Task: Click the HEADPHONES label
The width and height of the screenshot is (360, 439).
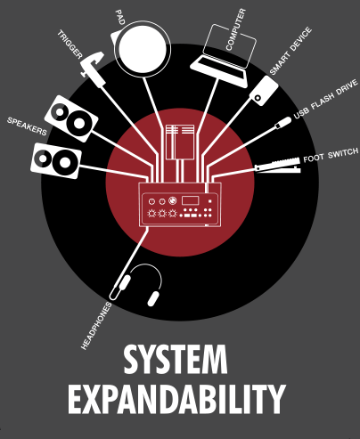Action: (96, 326)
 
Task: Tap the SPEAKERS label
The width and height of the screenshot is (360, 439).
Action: (27, 126)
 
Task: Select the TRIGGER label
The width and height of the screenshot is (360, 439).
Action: (70, 45)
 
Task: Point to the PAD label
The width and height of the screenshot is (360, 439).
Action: (120, 17)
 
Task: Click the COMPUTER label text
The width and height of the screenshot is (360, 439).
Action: (236, 29)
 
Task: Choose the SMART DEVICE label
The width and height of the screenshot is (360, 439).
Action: (290, 51)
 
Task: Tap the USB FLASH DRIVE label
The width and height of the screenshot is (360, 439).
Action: (326, 99)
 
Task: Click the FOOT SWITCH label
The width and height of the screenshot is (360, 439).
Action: (331, 155)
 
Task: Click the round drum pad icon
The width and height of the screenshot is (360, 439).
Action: (142, 49)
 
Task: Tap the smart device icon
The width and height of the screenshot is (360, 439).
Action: (264, 91)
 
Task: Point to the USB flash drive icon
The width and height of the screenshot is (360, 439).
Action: (282, 123)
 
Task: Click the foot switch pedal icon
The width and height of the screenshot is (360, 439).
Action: (278, 166)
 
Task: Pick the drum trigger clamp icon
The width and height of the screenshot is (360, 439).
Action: (93, 69)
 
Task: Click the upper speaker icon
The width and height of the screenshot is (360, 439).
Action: (71, 118)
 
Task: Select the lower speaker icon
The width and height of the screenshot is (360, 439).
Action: (56, 160)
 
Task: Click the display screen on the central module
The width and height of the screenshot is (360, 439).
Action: (190, 200)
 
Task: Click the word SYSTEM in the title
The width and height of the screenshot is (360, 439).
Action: (176, 360)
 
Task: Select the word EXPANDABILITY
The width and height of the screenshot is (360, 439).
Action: (177, 399)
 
